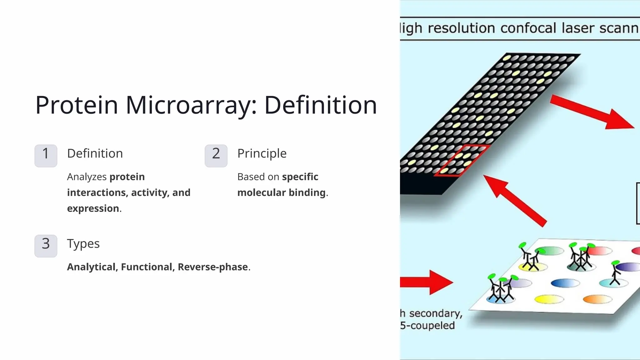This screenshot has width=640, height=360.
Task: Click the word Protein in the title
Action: point(77,105)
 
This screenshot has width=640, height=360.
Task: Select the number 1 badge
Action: point(46,156)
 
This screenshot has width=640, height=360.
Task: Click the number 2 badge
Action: point(216,156)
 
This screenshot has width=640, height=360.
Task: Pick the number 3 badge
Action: point(46,246)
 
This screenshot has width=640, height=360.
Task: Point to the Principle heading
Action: point(262,153)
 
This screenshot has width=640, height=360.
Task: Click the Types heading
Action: point(83,244)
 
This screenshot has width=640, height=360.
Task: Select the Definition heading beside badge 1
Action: point(95,153)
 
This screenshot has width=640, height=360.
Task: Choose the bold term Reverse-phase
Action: point(213,267)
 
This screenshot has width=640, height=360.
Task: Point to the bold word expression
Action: point(93,208)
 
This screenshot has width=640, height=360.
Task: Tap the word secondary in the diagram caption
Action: point(436,313)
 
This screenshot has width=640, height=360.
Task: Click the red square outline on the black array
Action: point(461,160)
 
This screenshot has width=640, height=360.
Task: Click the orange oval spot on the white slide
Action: point(597,299)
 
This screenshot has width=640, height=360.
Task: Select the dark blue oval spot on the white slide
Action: point(565,283)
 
